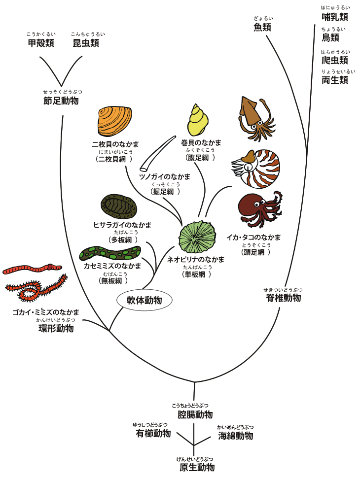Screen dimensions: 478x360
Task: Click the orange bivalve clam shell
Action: click(114, 122)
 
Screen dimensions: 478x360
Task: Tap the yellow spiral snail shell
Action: click(198, 120)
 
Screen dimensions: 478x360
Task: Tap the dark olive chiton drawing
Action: click(119, 207)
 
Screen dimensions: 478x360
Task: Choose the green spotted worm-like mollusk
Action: click(109, 253)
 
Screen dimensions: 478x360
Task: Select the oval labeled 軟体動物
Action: click(144, 300)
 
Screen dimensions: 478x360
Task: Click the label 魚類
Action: click(262, 27)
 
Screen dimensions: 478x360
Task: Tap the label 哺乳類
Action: click(335, 17)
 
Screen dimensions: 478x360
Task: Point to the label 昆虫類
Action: click(86, 43)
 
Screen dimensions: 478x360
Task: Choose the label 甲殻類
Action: click(41, 43)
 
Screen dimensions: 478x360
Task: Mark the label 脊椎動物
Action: click(283, 298)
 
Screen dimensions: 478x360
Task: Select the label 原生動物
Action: click(197, 467)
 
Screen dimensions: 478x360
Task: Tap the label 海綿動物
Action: click(236, 436)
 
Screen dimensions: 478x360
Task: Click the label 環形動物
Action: click(56, 328)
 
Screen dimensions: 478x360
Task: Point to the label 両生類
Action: click(335, 80)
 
